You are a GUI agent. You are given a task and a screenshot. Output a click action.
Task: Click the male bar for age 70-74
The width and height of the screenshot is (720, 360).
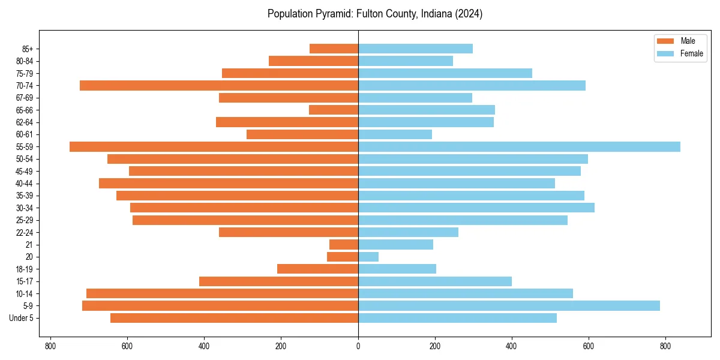[x=219, y=85]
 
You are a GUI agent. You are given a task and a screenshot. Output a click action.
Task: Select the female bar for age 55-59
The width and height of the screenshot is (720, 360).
[x=519, y=146]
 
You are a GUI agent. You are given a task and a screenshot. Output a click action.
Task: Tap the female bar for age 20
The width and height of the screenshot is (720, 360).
[x=368, y=257]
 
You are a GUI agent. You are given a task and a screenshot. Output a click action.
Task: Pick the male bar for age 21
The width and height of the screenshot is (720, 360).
[x=344, y=244]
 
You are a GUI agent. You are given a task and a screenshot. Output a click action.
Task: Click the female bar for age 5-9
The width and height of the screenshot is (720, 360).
[x=509, y=305]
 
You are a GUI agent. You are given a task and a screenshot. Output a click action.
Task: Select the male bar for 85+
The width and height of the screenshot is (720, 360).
[x=334, y=49]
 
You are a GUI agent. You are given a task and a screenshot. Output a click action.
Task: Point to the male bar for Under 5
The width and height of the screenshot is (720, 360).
[x=234, y=318]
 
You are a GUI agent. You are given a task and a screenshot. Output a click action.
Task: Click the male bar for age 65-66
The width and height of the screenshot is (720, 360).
[x=334, y=110]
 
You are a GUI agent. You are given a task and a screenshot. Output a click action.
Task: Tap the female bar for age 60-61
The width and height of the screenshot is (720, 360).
[x=395, y=134]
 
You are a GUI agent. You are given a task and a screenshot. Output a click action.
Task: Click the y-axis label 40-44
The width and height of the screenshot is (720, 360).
[x=24, y=184]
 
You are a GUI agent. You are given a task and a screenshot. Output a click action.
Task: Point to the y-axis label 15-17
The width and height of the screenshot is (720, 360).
[x=24, y=281]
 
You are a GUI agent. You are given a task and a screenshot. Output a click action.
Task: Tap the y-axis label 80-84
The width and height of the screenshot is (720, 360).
[x=24, y=61]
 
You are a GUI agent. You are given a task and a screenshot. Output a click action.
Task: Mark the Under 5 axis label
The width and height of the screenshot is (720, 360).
[x=22, y=318]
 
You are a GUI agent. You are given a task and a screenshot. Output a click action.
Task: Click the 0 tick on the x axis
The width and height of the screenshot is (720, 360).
[x=358, y=346]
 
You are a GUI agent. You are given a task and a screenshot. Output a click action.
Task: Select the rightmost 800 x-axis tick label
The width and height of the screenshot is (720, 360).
[x=665, y=346]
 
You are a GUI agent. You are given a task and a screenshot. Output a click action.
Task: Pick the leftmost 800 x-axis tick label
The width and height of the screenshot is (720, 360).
[x=50, y=346]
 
